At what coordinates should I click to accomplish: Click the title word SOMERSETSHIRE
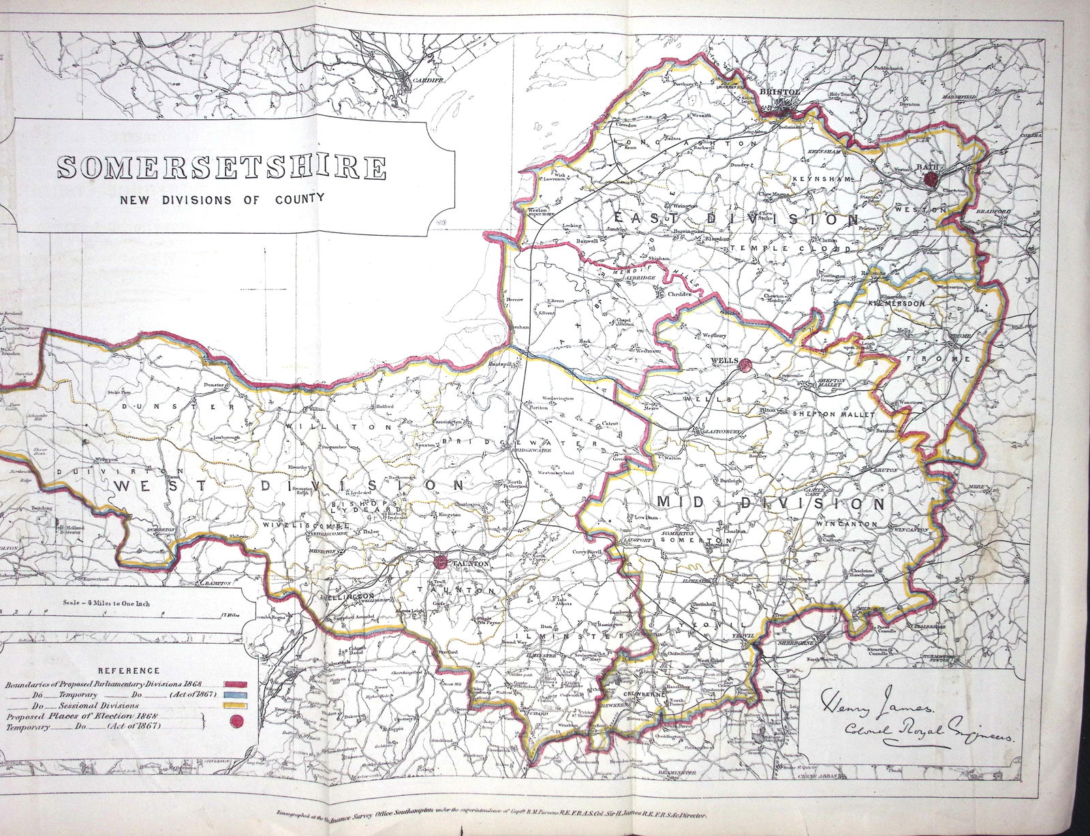click(x=221, y=168)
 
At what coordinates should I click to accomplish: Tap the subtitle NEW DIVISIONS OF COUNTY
click(x=220, y=200)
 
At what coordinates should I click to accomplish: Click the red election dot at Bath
click(x=932, y=179)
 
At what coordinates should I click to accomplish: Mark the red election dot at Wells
click(x=745, y=365)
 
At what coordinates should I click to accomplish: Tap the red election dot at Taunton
click(x=440, y=562)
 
